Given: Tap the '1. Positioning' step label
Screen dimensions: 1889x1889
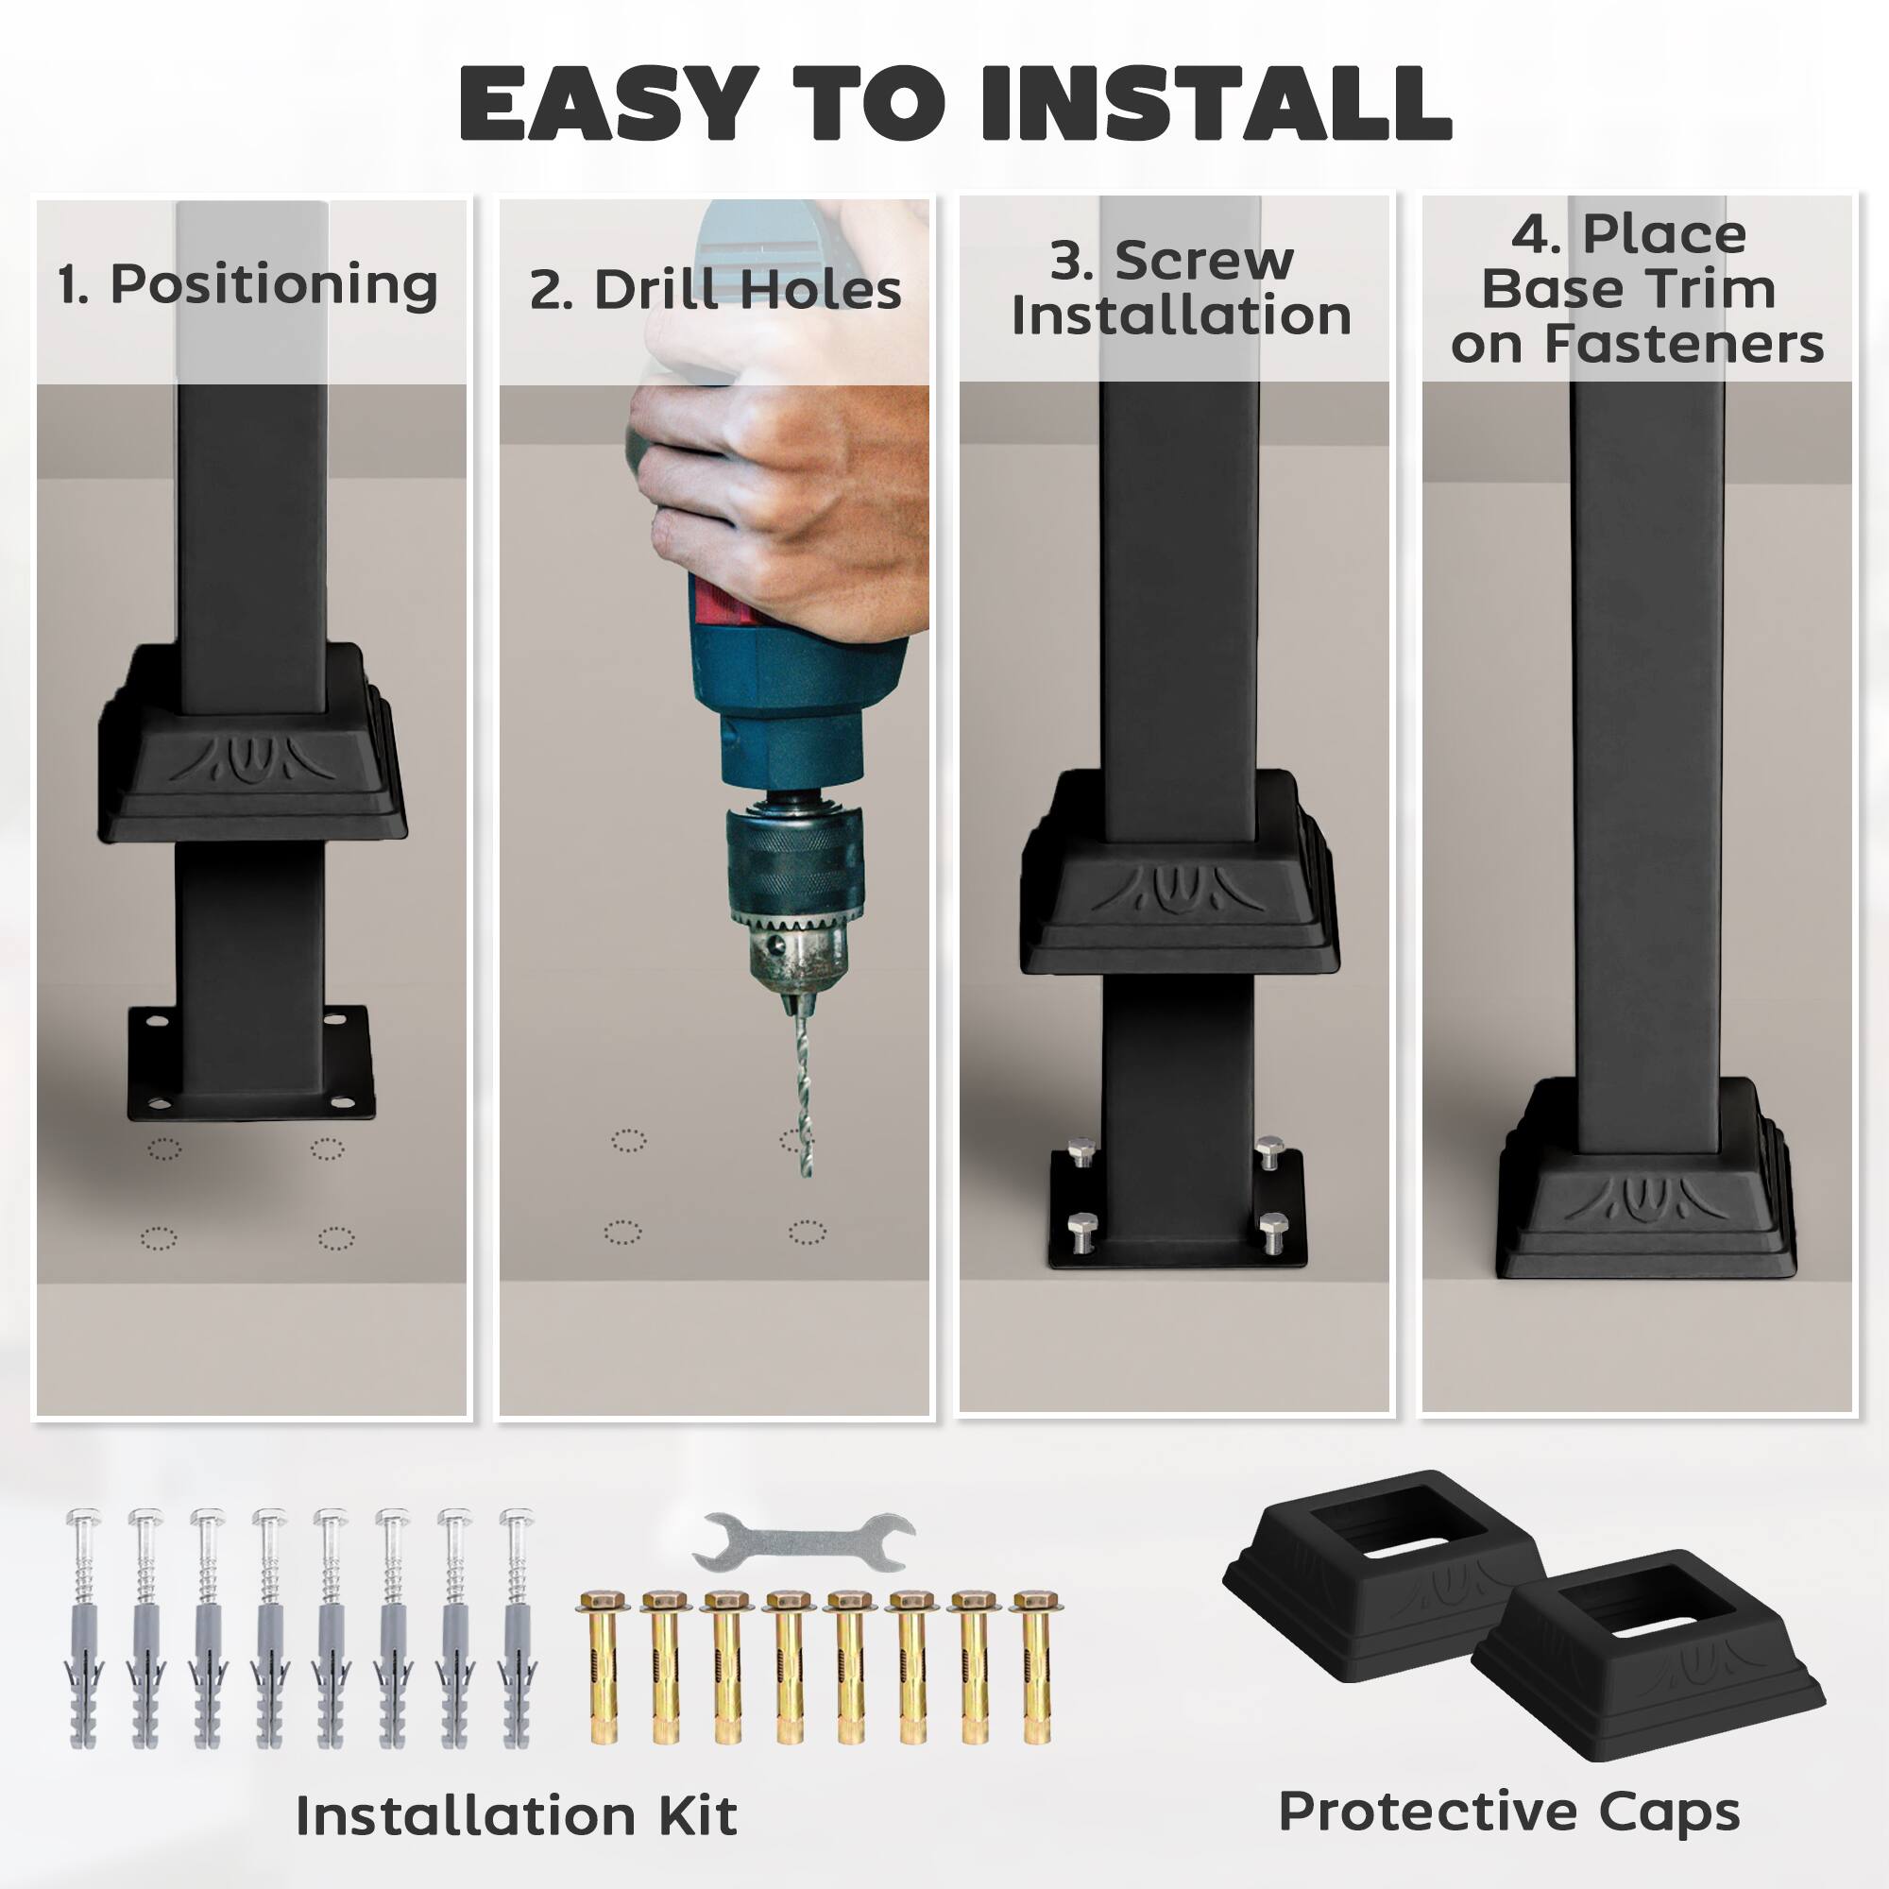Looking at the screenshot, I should pyautogui.click(x=247, y=284).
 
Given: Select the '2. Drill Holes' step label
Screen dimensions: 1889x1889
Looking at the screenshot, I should pyautogui.click(x=716, y=290).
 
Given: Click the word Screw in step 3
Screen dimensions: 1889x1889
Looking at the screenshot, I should pyautogui.click(x=1204, y=260).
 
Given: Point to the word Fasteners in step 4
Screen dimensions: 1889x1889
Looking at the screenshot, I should pyautogui.click(x=1685, y=344).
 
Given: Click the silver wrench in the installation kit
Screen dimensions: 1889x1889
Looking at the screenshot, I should pyautogui.click(x=803, y=1542).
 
